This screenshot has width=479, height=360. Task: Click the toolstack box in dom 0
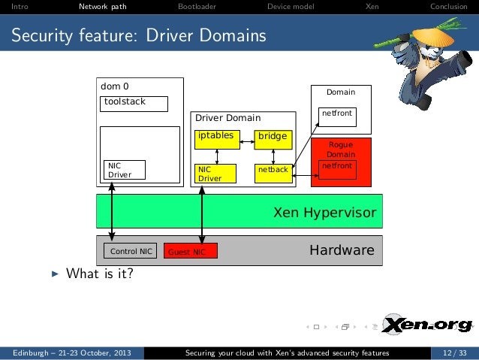pyautogui.click(x=134, y=103)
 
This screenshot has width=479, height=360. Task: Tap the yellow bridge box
pyautogui.click(x=272, y=137)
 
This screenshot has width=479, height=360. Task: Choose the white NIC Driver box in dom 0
pyautogui.click(x=125, y=170)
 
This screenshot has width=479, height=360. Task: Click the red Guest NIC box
pyautogui.click(x=190, y=252)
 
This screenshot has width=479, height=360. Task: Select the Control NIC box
pyautogui.click(x=131, y=252)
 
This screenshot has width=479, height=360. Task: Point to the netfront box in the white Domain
pyautogui.click(x=336, y=116)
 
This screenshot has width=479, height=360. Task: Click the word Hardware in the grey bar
pyautogui.click(x=342, y=250)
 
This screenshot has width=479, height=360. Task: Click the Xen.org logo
pyautogui.click(x=429, y=325)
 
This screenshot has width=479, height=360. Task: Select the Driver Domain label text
pyautogui.click(x=227, y=118)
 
